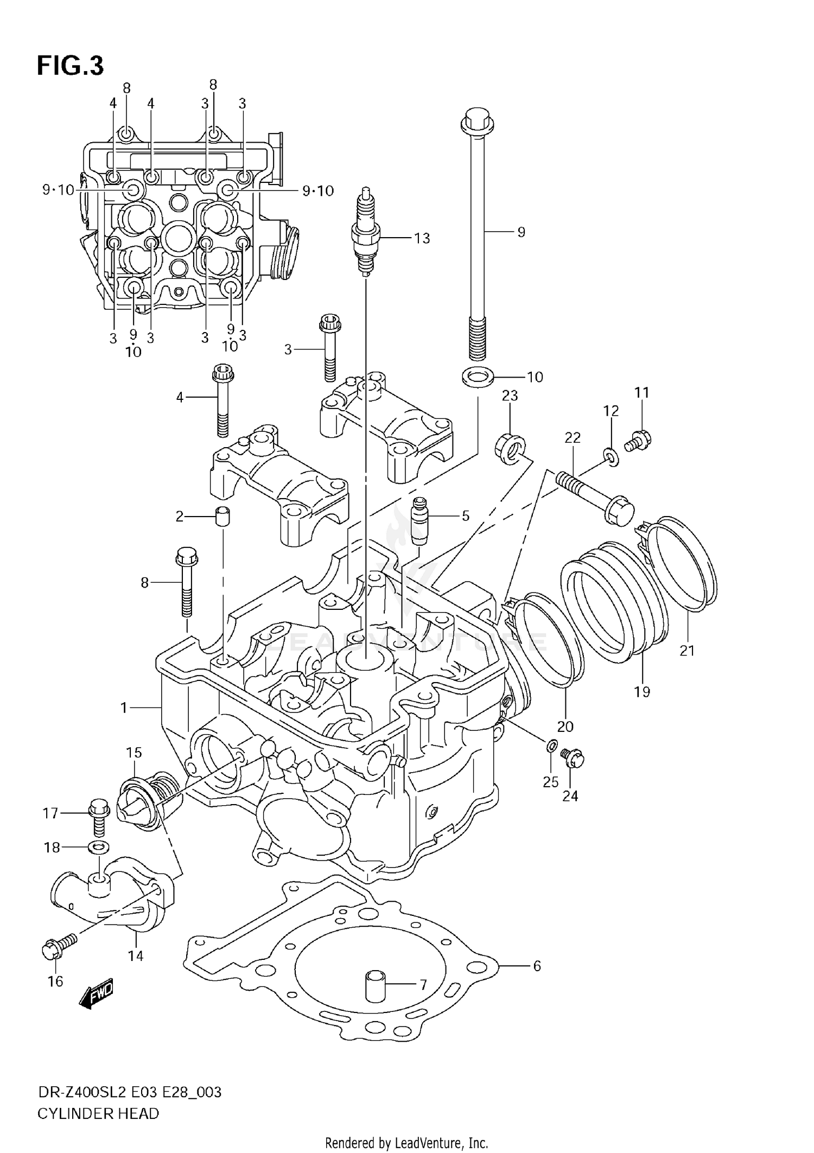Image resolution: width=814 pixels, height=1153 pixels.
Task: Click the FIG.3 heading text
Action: coord(70,66)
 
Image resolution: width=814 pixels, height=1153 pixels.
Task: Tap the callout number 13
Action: coord(422,238)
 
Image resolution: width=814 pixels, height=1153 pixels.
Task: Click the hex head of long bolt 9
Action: coord(477,124)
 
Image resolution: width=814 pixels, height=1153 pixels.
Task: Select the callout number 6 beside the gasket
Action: coord(537,965)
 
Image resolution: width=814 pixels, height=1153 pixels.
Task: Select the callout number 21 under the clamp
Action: coord(687,650)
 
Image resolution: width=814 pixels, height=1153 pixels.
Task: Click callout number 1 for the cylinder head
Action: coord(124,708)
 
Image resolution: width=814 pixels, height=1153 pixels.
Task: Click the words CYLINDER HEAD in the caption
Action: coord(98,1113)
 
